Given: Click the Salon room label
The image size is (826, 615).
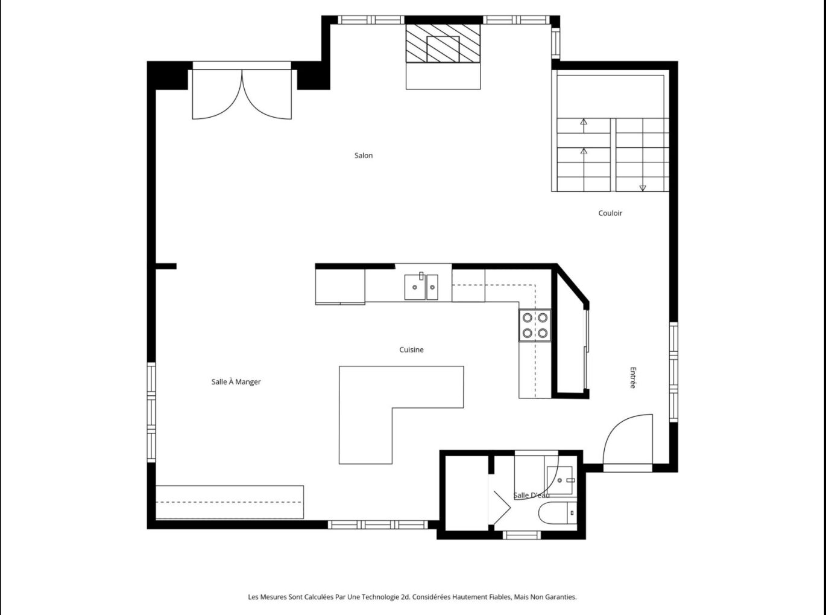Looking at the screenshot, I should point(364,156).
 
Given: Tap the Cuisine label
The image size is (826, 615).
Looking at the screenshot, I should point(411,350).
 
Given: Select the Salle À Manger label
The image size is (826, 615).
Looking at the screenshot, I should point(236,382).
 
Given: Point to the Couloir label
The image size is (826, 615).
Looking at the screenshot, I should point(610,213).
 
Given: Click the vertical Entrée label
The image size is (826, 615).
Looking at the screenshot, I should point(632,378).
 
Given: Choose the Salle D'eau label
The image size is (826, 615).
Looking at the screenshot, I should point(531,496).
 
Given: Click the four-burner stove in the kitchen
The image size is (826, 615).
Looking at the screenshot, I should point(535,325).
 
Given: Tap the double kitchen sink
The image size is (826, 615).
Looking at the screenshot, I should point(421,287).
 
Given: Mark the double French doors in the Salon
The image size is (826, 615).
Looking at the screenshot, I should point(242,94).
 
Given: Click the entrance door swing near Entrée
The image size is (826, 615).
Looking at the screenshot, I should point(629,439).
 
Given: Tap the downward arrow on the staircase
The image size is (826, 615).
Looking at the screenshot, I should point(643,188).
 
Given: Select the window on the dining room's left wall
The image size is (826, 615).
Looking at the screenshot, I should point(151,412).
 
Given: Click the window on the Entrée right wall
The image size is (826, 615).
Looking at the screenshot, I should point(673,371).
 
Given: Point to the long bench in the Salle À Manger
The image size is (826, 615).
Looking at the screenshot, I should point(229,502).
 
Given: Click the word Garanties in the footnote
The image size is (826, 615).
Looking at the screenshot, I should point(560,597).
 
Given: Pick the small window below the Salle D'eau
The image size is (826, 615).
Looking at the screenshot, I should point(522,534).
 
